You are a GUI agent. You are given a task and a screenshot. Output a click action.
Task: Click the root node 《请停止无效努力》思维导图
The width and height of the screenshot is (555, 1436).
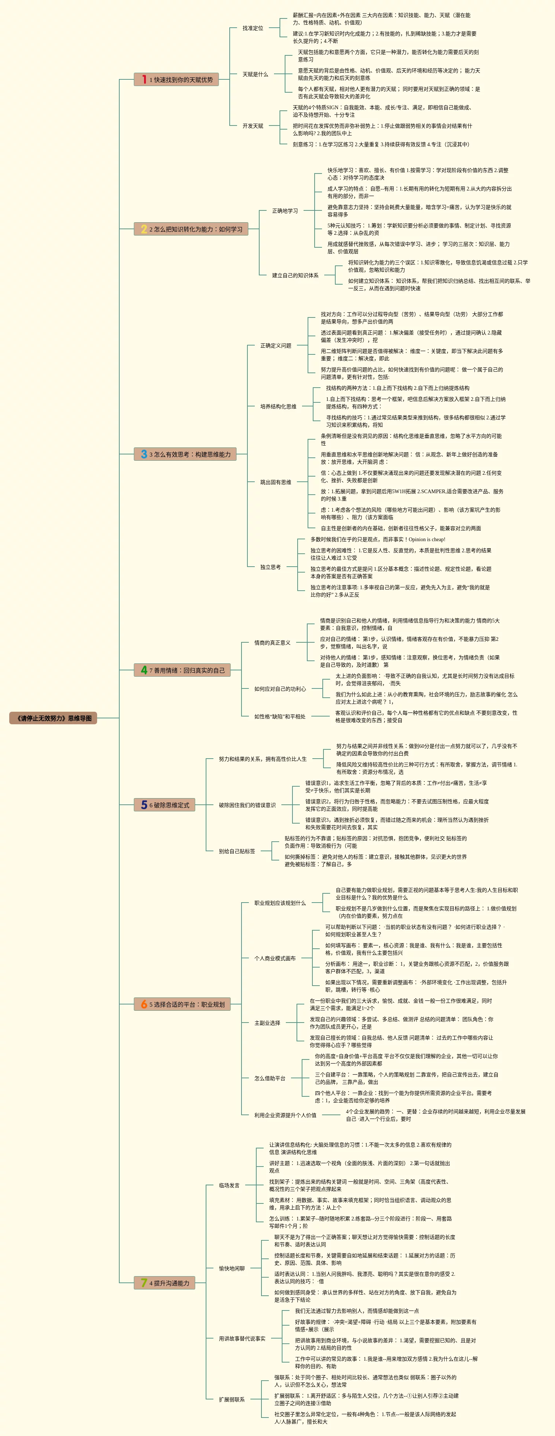coord(54,718)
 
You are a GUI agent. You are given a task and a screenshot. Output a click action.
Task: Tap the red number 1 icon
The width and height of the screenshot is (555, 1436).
coord(144,80)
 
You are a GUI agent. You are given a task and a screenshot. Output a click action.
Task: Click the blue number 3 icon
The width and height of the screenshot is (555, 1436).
coord(144,454)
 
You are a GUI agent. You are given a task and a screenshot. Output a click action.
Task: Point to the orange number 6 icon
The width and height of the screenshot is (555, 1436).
coord(144,1004)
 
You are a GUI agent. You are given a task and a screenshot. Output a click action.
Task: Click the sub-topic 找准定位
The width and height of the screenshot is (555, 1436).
coord(253,28)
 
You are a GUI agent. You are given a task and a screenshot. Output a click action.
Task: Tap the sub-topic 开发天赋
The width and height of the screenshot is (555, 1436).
coord(253,126)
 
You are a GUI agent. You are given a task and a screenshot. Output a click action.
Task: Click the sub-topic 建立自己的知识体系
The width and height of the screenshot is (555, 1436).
coord(295,275)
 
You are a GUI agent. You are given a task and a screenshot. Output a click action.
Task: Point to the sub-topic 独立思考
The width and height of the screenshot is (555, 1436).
coord(271,567)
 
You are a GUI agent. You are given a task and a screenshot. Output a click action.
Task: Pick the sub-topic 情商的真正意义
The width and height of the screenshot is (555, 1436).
coord(272,643)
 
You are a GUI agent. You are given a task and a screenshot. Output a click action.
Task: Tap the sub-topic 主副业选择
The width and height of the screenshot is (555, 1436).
coord(267,1023)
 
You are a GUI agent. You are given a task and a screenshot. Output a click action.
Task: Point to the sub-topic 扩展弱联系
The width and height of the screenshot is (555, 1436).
coord(232,1399)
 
